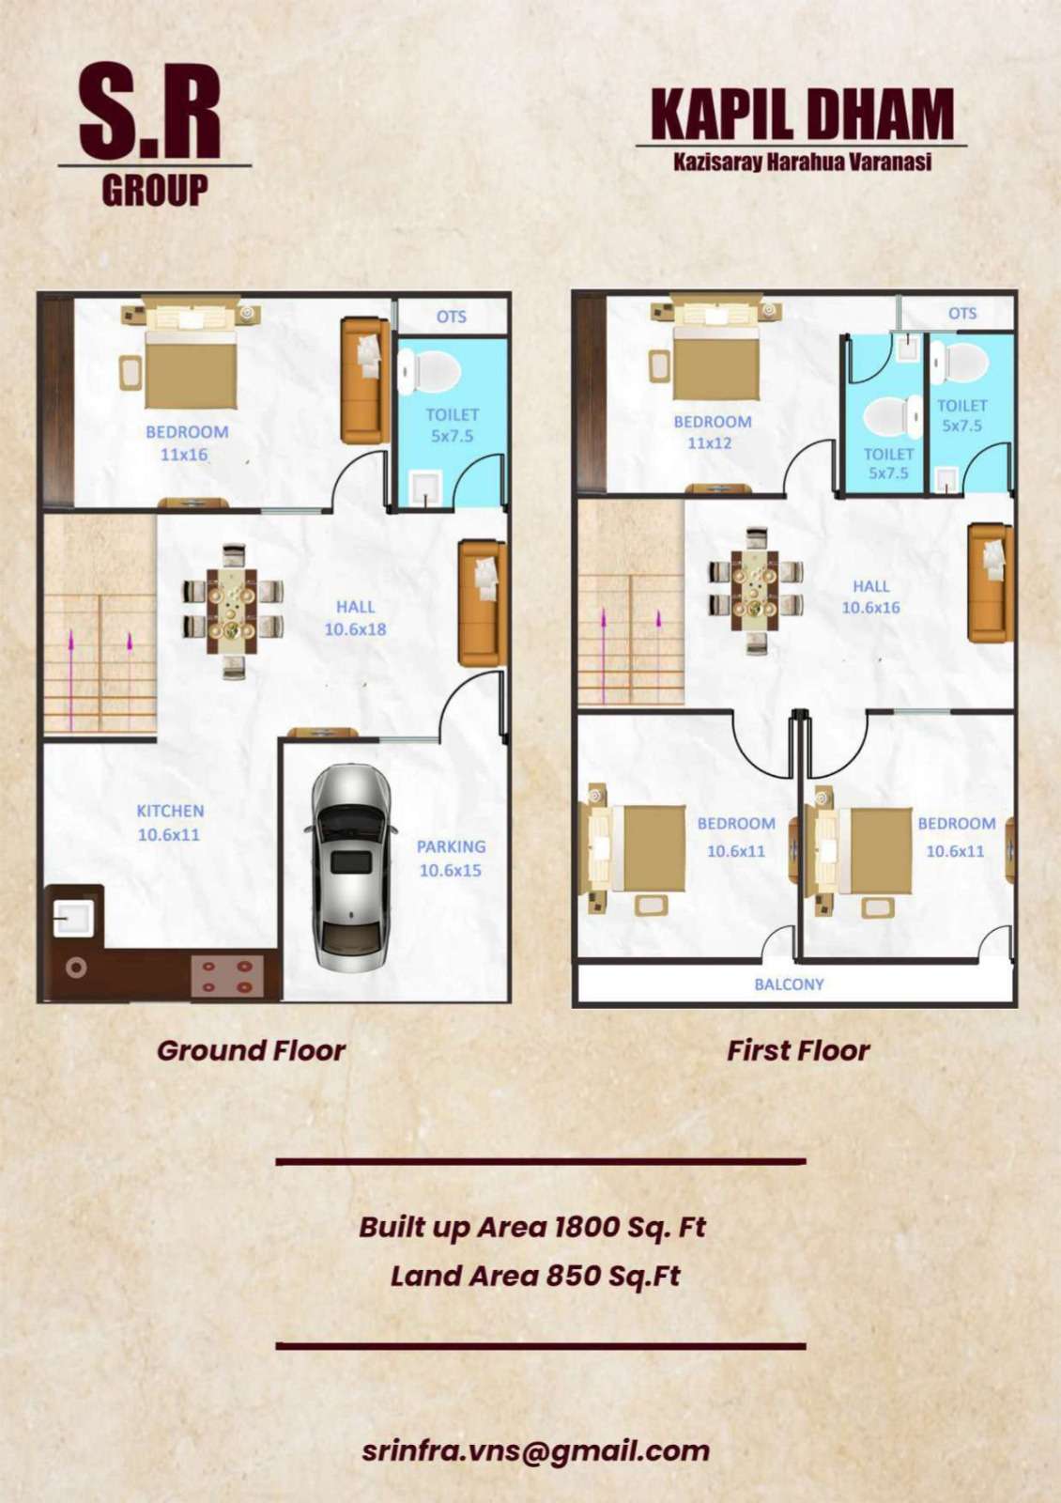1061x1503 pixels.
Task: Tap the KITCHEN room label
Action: coord(170,811)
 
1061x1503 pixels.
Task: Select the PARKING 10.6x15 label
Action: coord(451,859)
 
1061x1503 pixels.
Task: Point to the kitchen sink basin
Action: coord(72,913)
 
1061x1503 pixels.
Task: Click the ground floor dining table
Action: coord(232,612)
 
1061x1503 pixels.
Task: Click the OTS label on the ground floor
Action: coord(452,316)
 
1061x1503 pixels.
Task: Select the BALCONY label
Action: coord(789,984)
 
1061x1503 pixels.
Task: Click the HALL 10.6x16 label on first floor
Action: coord(871,597)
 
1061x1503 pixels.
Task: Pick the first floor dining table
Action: coord(756,582)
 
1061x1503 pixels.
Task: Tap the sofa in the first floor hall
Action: coord(990,582)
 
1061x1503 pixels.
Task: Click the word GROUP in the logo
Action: coord(155,190)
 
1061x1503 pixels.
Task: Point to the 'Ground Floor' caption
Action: coord(251,1050)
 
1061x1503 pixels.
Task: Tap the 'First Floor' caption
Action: coord(798,1050)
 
